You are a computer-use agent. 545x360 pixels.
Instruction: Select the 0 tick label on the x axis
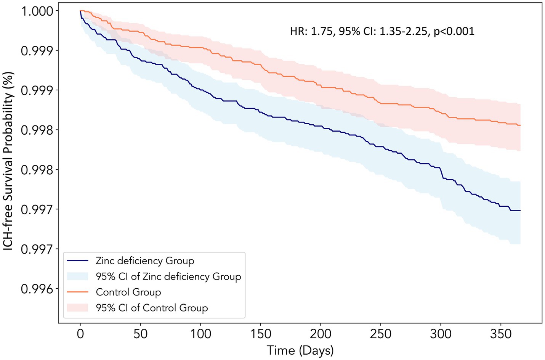80,334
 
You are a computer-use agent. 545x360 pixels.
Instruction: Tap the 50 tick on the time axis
141,334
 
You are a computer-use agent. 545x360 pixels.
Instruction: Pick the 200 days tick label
321,334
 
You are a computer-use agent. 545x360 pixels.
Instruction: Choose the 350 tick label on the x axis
501,334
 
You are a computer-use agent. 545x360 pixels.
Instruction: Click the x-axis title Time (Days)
300,350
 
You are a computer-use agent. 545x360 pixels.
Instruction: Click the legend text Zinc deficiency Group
145,261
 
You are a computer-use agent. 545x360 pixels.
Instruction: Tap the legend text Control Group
128,292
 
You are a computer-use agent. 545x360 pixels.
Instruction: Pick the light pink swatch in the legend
77,308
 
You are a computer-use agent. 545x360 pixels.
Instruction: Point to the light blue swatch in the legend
77,276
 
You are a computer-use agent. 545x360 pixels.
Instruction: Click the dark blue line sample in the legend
77,261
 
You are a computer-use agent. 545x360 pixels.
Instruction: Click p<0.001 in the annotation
454,31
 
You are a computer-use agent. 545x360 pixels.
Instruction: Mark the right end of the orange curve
520,125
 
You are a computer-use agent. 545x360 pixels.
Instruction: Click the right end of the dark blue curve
520,210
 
